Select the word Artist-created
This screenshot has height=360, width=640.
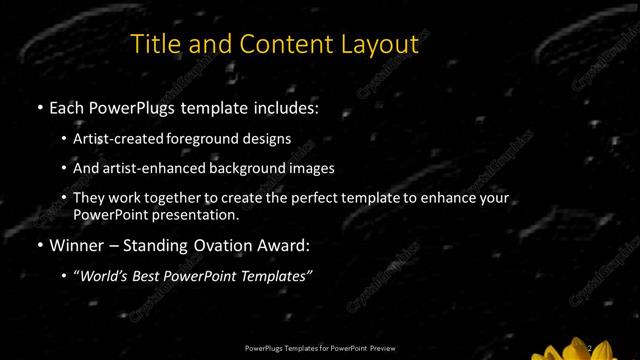(x=124, y=139)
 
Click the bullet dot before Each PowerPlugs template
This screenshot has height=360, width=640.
(x=39, y=106)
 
